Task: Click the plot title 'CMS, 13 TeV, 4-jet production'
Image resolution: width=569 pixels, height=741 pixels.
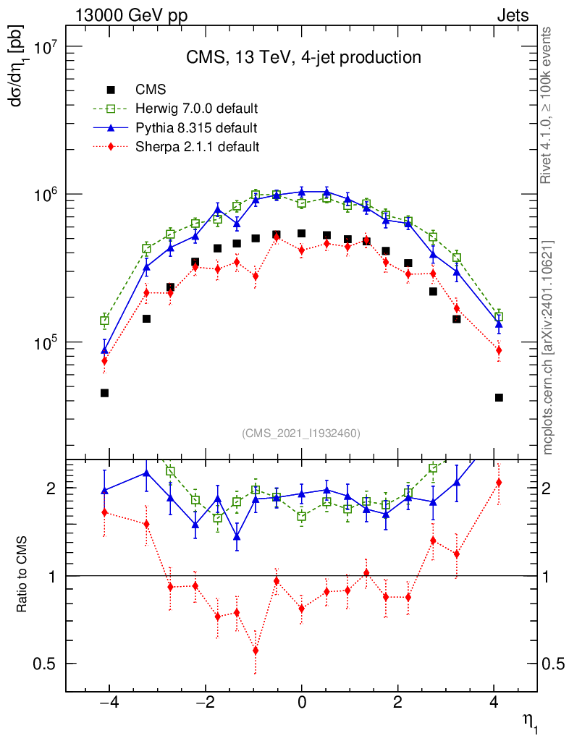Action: [302, 57]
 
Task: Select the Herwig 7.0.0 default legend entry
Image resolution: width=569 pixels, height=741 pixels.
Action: [197, 109]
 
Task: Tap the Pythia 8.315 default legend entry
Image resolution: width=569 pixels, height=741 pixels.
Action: [195, 128]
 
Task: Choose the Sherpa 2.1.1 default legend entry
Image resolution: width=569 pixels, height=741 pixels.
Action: [197, 147]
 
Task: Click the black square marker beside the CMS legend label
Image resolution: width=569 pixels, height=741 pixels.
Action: [111, 90]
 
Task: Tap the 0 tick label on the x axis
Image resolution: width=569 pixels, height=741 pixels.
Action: [302, 703]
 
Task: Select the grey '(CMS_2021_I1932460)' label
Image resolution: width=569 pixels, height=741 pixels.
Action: [301, 433]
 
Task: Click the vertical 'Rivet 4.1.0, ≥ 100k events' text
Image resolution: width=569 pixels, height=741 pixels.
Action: [547, 106]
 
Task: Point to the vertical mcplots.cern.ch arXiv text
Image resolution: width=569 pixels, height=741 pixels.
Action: [548, 347]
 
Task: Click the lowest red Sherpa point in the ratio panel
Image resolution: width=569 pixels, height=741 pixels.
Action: [256, 650]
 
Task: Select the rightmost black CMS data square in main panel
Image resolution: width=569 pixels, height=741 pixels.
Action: [499, 397]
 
